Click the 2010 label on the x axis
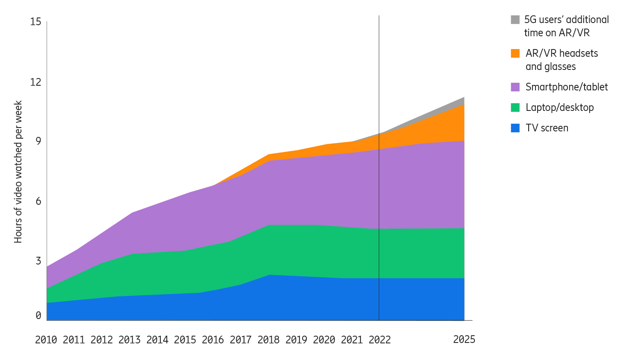46,340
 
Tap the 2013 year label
129,340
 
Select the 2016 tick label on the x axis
213,340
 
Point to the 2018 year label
268,340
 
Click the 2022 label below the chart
379,340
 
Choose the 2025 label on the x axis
464,339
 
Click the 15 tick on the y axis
36,22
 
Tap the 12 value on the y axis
36,82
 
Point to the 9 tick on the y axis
38,141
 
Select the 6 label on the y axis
38,201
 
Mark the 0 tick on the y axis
38,316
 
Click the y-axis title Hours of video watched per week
18,172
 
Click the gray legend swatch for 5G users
515,20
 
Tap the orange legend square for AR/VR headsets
515,53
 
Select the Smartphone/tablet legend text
566,87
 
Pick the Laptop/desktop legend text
559,107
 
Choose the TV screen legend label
547,128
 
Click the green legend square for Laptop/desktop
515,107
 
